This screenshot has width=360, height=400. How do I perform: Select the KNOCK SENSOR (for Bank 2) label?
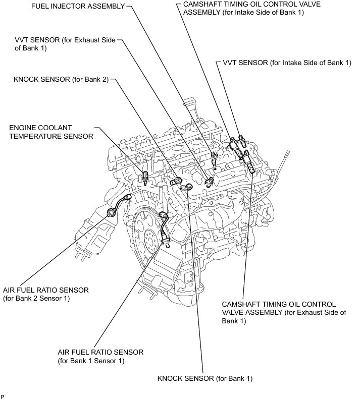coord(61,79)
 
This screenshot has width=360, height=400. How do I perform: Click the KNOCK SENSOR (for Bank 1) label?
coord(204,378)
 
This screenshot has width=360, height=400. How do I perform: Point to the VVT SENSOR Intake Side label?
coord(286,63)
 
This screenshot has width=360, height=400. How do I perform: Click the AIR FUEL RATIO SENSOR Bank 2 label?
coord(46,294)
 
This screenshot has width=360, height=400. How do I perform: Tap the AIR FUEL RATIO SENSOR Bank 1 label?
coord(101,356)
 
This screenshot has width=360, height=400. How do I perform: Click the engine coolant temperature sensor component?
coord(146,177)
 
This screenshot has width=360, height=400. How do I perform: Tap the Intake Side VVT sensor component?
coord(243,141)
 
